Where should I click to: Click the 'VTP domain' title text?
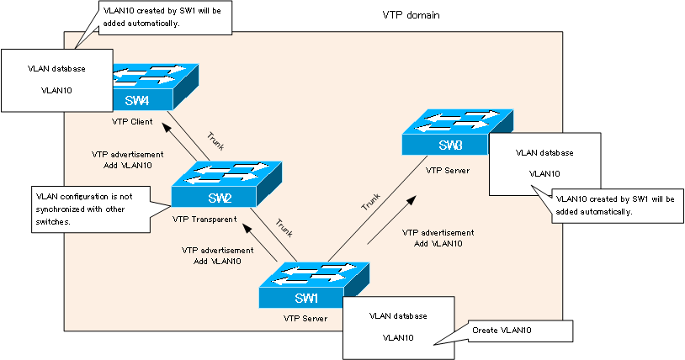(x=411, y=16)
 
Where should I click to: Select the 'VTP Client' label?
(x=131, y=121)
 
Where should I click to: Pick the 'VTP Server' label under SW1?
(x=305, y=319)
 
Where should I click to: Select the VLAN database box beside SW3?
(x=544, y=163)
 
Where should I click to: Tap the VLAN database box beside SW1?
(x=398, y=326)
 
